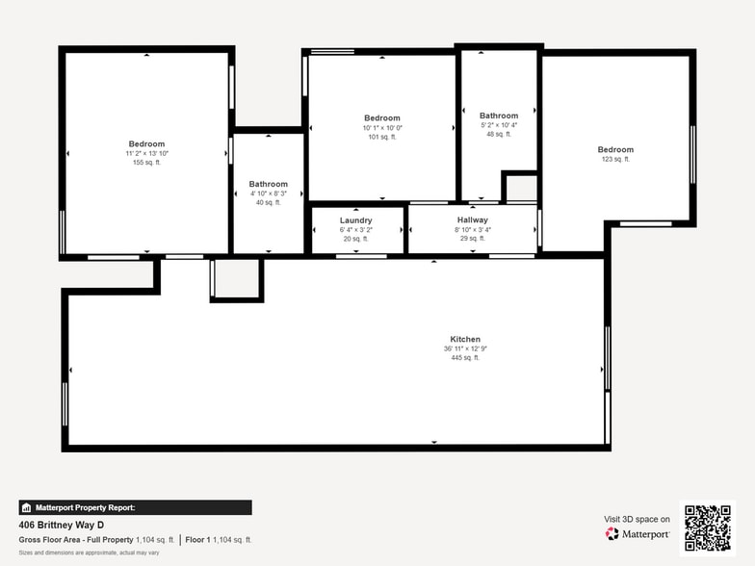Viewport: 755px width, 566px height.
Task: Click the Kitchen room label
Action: pyautogui.click(x=465, y=339)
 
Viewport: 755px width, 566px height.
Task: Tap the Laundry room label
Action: pyautogui.click(x=355, y=220)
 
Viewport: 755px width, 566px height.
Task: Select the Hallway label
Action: pyautogui.click(x=472, y=220)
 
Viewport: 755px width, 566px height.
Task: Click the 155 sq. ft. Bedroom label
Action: pyautogui.click(x=146, y=144)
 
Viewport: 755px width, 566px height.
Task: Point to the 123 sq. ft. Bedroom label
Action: pyautogui.click(x=615, y=149)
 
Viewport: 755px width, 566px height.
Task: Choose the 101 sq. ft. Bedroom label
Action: pyautogui.click(x=381, y=117)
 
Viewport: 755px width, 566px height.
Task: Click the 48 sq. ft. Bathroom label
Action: pyautogui.click(x=499, y=116)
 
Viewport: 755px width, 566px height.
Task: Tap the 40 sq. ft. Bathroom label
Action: pyautogui.click(x=268, y=184)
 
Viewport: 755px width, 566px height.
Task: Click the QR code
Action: pyautogui.click(x=706, y=527)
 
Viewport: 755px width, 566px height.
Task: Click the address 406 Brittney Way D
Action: pyautogui.click(x=62, y=526)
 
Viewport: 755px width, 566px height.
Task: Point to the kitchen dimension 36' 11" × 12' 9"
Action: pyautogui.click(x=465, y=348)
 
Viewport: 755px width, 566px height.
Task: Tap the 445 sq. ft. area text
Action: pyautogui.click(x=465, y=358)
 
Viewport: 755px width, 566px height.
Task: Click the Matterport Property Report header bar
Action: pyautogui.click(x=135, y=507)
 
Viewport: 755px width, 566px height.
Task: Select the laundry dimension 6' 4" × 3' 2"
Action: pyautogui.click(x=355, y=230)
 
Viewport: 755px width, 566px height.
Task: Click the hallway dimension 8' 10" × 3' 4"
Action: pyautogui.click(x=472, y=230)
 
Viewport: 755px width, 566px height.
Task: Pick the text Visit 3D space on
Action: pyautogui.click(x=637, y=519)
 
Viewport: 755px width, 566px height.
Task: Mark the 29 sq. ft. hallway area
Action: pyautogui.click(x=472, y=239)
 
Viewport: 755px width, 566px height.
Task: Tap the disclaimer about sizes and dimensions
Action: pyautogui.click(x=89, y=553)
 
